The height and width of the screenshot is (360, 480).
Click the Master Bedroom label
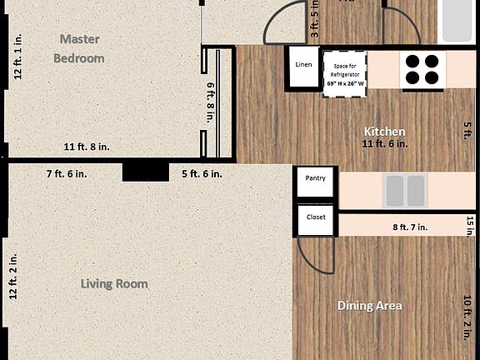point(79,48)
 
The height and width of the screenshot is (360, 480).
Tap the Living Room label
point(114,284)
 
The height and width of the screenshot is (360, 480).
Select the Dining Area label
point(369,306)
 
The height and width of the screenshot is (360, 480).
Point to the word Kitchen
point(385,132)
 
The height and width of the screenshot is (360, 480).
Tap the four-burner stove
point(422,69)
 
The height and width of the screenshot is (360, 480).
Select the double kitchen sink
point(404,191)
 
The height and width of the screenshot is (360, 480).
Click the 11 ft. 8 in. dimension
point(87,147)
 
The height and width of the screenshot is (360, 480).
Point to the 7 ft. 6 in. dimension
point(67,173)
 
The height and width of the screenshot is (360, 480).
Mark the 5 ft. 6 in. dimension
point(202,173)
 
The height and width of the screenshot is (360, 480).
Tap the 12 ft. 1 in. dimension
point(17,57)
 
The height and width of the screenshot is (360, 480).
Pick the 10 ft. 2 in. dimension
point(467,317)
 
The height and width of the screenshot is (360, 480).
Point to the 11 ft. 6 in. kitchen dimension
point(384,144)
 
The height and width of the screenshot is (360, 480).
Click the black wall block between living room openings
point(145,172)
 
